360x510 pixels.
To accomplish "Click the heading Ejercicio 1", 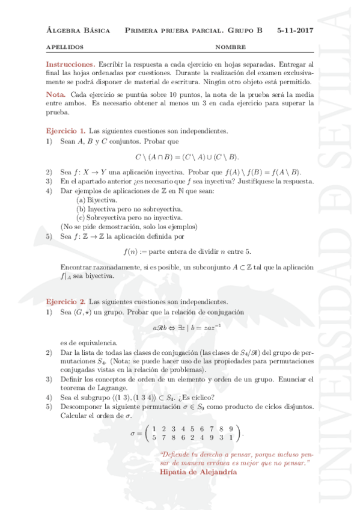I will (x=66, y=131).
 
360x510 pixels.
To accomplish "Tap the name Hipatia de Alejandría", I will (x=199, y=472).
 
